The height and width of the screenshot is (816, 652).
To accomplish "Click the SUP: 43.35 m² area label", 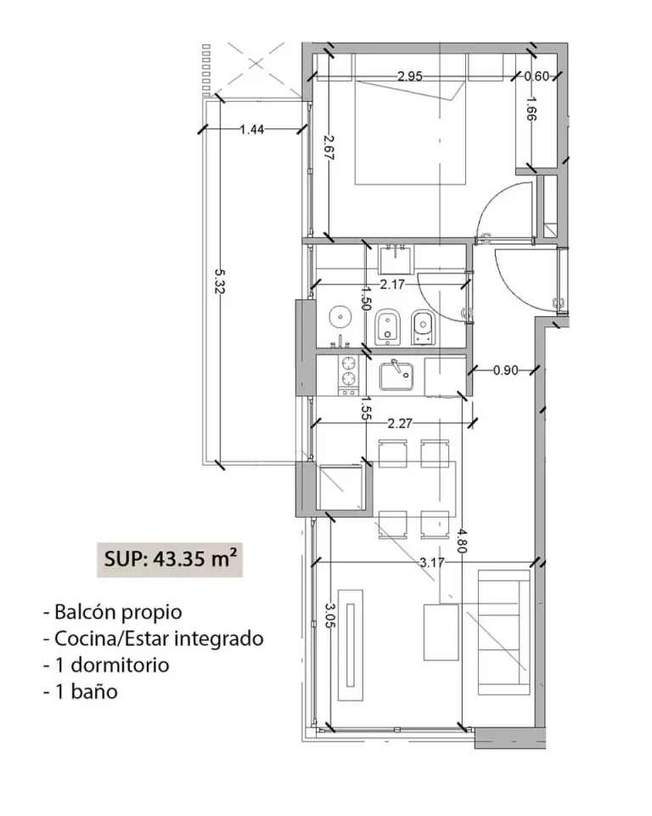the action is (x=170, y=559).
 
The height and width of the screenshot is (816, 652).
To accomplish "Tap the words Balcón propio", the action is (x=118, y=613).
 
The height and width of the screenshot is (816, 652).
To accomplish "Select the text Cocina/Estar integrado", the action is (x=159, y=638).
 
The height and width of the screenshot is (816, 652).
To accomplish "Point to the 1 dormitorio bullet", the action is (x=112, y=665).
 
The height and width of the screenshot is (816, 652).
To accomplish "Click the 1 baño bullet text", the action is (x=87, y=692).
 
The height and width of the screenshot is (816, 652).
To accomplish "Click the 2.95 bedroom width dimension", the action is (x=410, y=76).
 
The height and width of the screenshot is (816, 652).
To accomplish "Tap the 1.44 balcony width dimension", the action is (x=251, y=129).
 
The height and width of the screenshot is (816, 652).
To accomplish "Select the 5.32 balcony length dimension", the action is (x=219, y=281).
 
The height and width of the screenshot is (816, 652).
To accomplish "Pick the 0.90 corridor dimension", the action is (x=505, y=371).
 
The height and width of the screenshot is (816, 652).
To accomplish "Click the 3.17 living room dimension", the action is (x=432, y=563).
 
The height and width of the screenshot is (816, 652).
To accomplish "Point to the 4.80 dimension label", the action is (x=463, y=541).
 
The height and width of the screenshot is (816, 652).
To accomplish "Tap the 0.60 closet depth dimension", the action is (x=536, y=76).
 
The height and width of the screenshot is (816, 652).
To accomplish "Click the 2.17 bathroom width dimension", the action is (x=392, y=285).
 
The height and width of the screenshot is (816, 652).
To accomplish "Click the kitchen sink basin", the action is (x=396, y=377).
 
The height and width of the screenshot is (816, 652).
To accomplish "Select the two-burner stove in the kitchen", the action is (x=348, y=375).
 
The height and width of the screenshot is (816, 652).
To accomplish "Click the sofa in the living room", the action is (x=503, y=632).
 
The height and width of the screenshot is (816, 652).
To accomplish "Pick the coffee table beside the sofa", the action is (x=441, y=632).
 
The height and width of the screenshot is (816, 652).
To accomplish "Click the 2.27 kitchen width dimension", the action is (x=399, y=423).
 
